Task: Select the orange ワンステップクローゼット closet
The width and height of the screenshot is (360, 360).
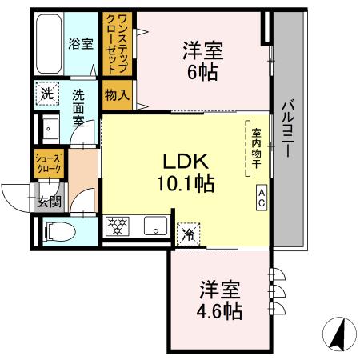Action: (x=112, y=44)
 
